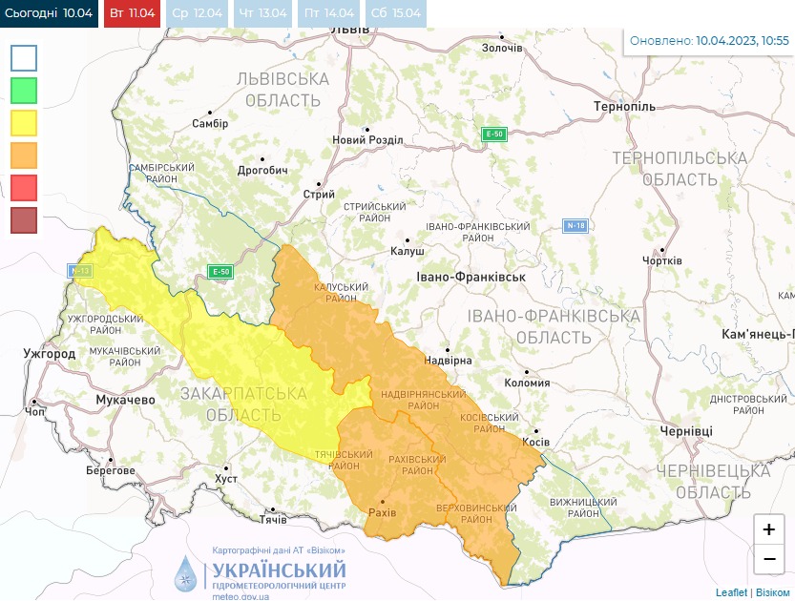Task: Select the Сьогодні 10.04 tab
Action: click(49, 13)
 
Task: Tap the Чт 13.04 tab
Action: click(261, 13)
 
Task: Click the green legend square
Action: click(24, 91)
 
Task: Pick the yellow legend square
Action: click(24, 123)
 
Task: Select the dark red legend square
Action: click(24, 220)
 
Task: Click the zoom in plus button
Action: click(768, 529)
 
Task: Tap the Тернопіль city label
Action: click(624, 106)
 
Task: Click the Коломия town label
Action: click(526, 383)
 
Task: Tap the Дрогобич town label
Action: click(262, 170)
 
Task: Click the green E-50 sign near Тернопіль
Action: click(493, 134)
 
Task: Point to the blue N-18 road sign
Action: click(575, 226)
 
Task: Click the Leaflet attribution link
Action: click(731, 592)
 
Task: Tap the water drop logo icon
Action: click(187, 572)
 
